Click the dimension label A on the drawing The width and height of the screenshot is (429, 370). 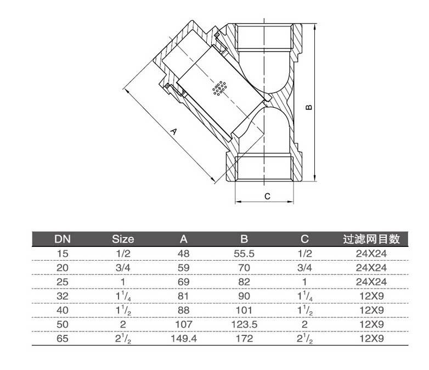pos(174,132)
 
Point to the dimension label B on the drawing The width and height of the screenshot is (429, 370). pos(309,107)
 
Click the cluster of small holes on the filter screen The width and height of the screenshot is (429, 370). pos(219,88)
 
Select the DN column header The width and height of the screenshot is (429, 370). pos(63,239)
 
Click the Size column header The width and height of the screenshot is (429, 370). pos(123,239)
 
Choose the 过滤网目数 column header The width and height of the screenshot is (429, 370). pos(371,239)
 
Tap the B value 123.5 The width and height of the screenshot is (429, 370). pos(245,324)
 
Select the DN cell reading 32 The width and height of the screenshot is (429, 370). pos(63,296)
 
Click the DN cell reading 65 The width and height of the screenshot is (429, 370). pos(63,339)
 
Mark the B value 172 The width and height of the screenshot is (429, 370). pos(245,339)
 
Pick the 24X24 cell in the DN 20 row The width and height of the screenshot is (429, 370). pos(371,267)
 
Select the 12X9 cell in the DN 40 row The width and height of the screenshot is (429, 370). pos(371,310)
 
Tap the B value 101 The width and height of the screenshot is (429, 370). pos(245,310)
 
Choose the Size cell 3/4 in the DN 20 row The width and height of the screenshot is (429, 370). pos(123,267)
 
